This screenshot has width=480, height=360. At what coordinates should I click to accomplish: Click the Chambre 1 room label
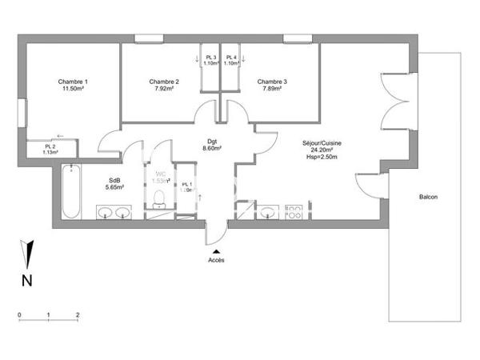coord(73,82)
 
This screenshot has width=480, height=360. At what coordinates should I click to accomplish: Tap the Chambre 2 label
coord(164,82)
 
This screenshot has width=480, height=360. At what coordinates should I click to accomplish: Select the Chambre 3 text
coord(273,82)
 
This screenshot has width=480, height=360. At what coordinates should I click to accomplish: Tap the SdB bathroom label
coord(114,180)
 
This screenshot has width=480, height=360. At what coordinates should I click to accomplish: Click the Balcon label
coord(428,198)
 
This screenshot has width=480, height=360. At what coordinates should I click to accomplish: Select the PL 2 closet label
coord(50,146)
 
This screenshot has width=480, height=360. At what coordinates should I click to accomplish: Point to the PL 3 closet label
coord(210,57)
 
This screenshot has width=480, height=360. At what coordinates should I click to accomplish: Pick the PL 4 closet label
coord(232,57)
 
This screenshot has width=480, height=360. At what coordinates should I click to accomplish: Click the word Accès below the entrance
coord(216,261)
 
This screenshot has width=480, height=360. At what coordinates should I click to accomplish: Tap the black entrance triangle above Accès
coord(216,251)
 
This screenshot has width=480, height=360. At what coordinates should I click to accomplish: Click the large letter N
coord(26,280)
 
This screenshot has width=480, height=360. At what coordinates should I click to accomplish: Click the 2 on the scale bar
coord(78,314)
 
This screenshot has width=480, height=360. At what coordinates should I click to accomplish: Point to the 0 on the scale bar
coord(19,314)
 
